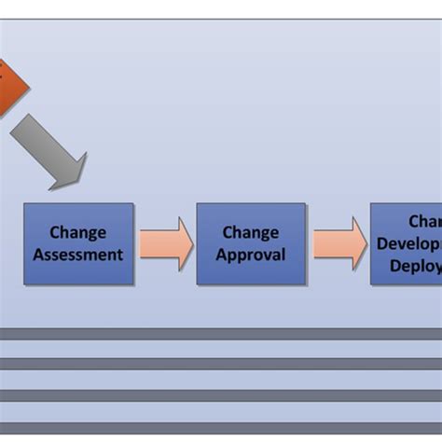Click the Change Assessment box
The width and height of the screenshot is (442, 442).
coord(78,243)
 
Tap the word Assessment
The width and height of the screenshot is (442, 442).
coord(78,254)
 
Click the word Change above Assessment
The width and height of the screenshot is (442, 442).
coord(78,232)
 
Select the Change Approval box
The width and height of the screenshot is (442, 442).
coord(251,243)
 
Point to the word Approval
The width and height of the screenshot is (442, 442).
coord(251,254)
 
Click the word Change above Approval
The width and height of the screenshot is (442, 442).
coord(251,232)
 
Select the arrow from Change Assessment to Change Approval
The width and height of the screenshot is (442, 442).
coord(166,243)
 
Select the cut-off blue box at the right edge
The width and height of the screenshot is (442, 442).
coord(406,243)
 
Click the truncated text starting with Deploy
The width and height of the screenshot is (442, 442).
coord(416,265)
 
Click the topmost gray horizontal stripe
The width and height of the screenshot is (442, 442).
coord(221,333)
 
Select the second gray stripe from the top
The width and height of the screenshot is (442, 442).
coord(221,364)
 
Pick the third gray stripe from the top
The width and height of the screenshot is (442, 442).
coord(221,395)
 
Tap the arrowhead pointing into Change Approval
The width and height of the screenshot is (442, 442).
coord(184,243)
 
